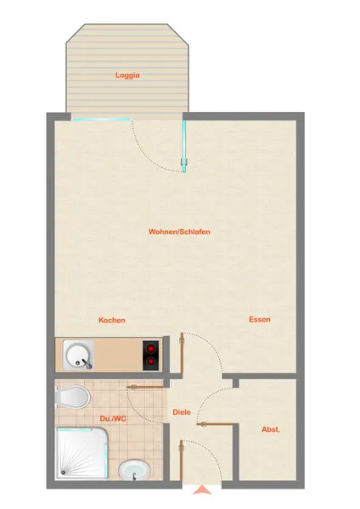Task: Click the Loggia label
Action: (127, 76)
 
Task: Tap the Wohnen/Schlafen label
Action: (179, 232)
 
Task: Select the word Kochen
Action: (112, 320)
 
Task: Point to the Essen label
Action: (260, 320)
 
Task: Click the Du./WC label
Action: (113, 419)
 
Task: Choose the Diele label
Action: (182, 412)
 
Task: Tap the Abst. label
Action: (271, 429)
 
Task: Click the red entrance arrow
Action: (202, 489)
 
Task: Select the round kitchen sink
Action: (77, 355)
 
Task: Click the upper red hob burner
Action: (151, 349)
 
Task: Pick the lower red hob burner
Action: (151, 361)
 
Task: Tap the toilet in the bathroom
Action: (73, 397)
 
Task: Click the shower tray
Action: (82, 454)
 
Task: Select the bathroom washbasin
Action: (134, 470)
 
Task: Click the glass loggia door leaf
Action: (184, 146)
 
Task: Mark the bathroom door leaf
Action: (145, 387)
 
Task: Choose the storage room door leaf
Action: (215, 423)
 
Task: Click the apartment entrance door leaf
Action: (182, 461)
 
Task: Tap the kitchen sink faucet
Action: (87, 363)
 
